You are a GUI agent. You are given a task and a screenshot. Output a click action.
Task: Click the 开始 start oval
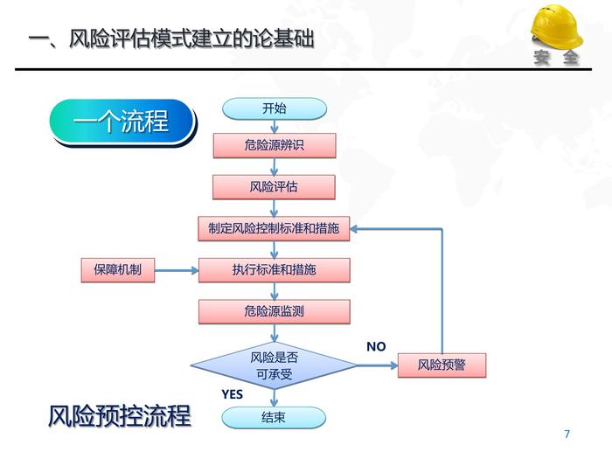[x=274, y=108]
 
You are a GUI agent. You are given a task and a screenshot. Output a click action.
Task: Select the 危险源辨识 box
[x=274, y=145]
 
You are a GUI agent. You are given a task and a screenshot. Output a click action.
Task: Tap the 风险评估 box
[x=274, y=186]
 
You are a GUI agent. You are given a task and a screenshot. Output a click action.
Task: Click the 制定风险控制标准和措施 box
[x=274, y=229]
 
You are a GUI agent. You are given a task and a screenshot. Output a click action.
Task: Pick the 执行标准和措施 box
[x=274, y=270]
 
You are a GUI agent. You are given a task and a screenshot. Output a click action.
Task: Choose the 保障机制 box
[x=117, y=270]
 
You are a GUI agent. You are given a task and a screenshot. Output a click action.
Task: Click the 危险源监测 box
[x=274, y=311]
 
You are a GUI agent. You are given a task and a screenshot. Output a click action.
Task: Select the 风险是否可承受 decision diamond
[x=274, y=366]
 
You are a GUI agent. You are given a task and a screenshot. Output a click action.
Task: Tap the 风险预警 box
[x=442, y=365]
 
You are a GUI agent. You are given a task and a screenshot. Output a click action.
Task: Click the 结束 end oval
[x=274, y=418]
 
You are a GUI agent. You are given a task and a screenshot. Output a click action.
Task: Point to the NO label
[x=376, y=347]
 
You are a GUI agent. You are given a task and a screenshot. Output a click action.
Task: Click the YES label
[x=232, y=394]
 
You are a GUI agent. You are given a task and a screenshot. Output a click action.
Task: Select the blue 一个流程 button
[x=122, y=122]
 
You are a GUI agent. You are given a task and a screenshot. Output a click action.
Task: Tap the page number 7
[x=567, y=435]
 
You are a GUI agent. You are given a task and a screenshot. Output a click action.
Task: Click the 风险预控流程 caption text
[x=120, y=416]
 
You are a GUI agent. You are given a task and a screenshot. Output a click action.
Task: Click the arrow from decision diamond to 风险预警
[x=376, y=366]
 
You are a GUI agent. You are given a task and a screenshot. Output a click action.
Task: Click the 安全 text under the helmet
[x=556, y=59]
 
